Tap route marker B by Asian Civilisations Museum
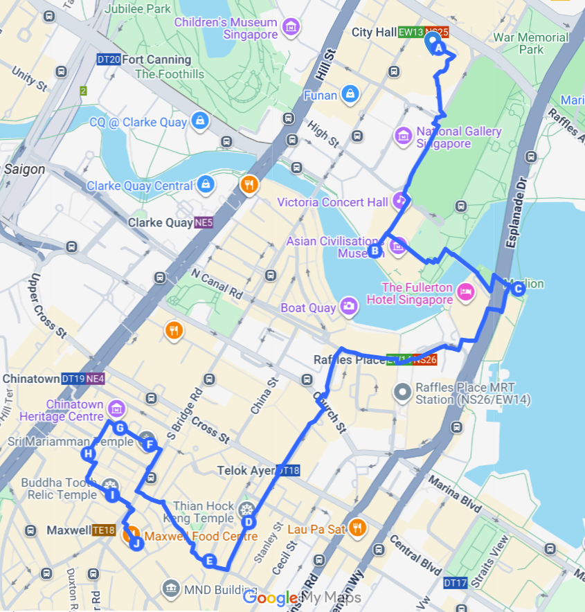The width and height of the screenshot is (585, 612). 375,251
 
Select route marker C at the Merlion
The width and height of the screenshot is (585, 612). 516,289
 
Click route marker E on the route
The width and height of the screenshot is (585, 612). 210,561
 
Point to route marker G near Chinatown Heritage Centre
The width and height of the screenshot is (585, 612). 119,428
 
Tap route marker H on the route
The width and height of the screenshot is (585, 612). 88,454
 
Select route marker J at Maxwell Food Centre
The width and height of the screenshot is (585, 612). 136,543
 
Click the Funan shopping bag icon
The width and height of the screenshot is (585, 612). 350,94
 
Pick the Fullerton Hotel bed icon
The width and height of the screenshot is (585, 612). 466,294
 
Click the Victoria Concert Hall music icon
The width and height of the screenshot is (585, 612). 401,201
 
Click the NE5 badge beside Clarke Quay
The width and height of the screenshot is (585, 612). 204,223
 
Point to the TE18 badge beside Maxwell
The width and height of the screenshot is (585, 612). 104,530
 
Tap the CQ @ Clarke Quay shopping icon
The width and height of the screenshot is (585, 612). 200,122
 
